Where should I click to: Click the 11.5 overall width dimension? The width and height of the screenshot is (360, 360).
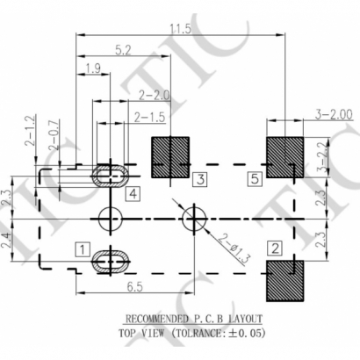(x=179, y=29)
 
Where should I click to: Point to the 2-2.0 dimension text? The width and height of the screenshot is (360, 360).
(x=154, y=94)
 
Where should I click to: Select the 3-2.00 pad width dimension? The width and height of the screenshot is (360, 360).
(x=333, y=114)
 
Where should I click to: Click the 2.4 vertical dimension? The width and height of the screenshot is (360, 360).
(x=7, y=238)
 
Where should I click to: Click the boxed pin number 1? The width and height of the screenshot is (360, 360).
(x=82, y=250)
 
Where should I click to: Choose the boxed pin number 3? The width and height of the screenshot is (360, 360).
(x=200, y=180)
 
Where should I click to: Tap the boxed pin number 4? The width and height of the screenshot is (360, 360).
(x=132, y=194)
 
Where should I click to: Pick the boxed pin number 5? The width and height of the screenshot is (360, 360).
(x=255, y=180)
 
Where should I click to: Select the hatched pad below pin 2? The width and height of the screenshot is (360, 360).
(x=284, y=277)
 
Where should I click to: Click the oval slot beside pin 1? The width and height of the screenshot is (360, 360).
(x=112, y=258)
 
